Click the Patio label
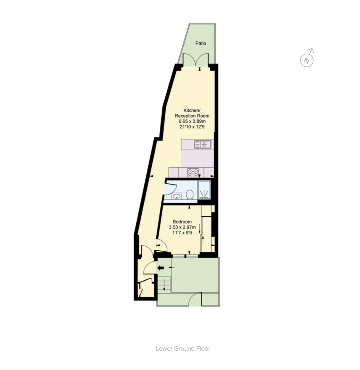pyautogui.click(x=201, y=43)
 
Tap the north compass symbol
pyautogui.click(x=307, y=60)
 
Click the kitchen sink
pyautogui.click(x=203, y=144)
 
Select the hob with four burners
pyautogui.click(x=193, y=172)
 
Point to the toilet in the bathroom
pyautogui.click(x=190, y=195)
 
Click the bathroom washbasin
pyautogui.click(x=177, y=196)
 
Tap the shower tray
pyautogui.click(x=204, y=189)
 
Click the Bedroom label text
pyautogui.click(x=182, y=221)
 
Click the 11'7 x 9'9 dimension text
pyautogui.click(x=182, y=233)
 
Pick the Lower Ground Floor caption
pyautogui.click(x=183, y=348)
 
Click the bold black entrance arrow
pyautogui.click(x=160, y=268)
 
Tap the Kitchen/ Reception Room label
pyautogui.click(x=192, y=113)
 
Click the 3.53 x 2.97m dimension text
pyautogui.click(x=182, y=227)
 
